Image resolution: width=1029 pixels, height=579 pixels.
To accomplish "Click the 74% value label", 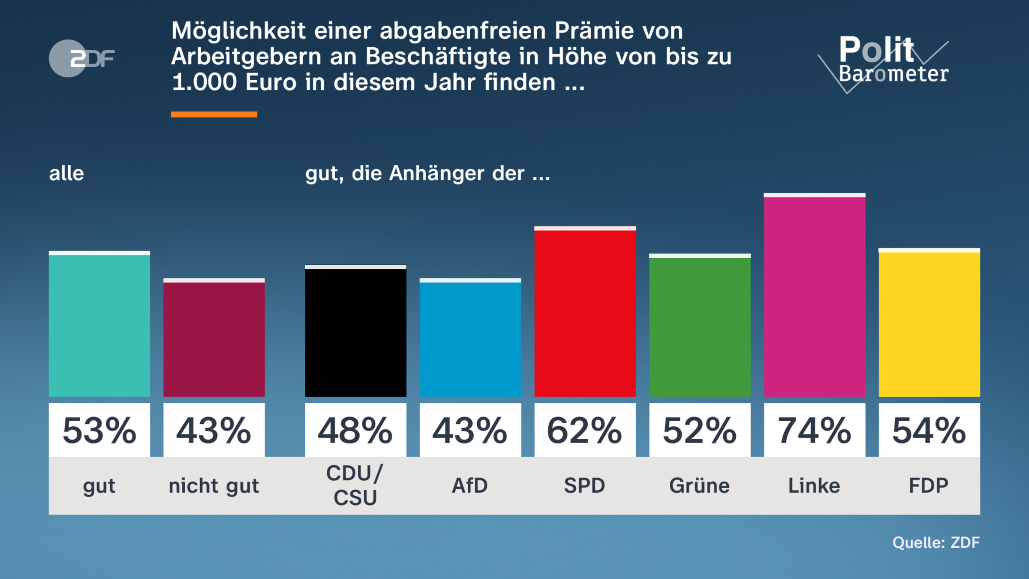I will pyautogui.click(x=814, y=430).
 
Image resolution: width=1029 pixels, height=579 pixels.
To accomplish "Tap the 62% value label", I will pyautogui.click(x=585, y=430).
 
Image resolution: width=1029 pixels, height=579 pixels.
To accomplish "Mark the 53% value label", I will pyautogui.click(x=99, y=430).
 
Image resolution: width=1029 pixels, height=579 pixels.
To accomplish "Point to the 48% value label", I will pyautogui.click(x=355, y=430).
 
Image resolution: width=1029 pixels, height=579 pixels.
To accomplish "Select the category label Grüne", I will pyautogui.click(x=699, y=486).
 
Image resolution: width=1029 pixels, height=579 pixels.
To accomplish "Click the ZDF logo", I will pyautogui.click(x=81, y=58).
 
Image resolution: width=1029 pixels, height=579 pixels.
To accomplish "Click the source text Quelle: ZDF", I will pyautogui.click(x=936, y=543).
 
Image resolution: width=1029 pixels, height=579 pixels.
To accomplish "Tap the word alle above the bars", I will pyautogui.click(x=66, y=174).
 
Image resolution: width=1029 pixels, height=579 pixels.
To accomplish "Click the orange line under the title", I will pyautogui.click(x=214, y=115).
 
